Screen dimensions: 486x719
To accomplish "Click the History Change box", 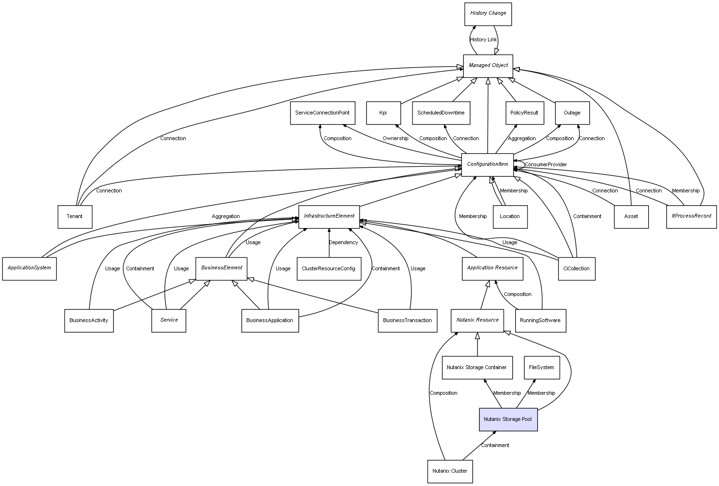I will pos(488,14).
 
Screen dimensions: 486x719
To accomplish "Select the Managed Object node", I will pos(488,66).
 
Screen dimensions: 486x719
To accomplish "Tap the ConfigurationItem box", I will pos(488,164).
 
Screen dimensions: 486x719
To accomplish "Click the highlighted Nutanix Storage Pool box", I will pos(508,419).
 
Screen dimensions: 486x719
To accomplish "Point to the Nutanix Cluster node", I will pos(450,471).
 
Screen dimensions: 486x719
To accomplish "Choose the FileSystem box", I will pos(541,367).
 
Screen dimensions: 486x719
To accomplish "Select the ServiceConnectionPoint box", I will pos(322,113).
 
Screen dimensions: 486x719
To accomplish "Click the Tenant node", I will pos(75,217).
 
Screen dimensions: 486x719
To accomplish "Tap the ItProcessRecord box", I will pos(691,216).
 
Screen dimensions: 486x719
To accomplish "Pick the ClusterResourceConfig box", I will pos(328,268).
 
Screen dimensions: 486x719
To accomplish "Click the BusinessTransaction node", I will pos(407,320).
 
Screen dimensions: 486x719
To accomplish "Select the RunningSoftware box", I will pos(540,320).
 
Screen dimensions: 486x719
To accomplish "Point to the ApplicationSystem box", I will pos(29,268).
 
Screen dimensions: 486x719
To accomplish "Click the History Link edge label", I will pos(483,40).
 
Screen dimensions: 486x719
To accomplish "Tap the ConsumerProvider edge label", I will pos(546,165).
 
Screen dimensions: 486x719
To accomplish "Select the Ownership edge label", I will pos(395,139).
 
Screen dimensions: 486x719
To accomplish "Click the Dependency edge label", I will pos(343,243).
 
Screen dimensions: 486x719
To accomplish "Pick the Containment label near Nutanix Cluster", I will pos(495,446).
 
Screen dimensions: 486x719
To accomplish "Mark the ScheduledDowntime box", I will pos(441,113).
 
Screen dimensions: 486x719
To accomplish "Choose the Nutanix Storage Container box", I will pos(477,367).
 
